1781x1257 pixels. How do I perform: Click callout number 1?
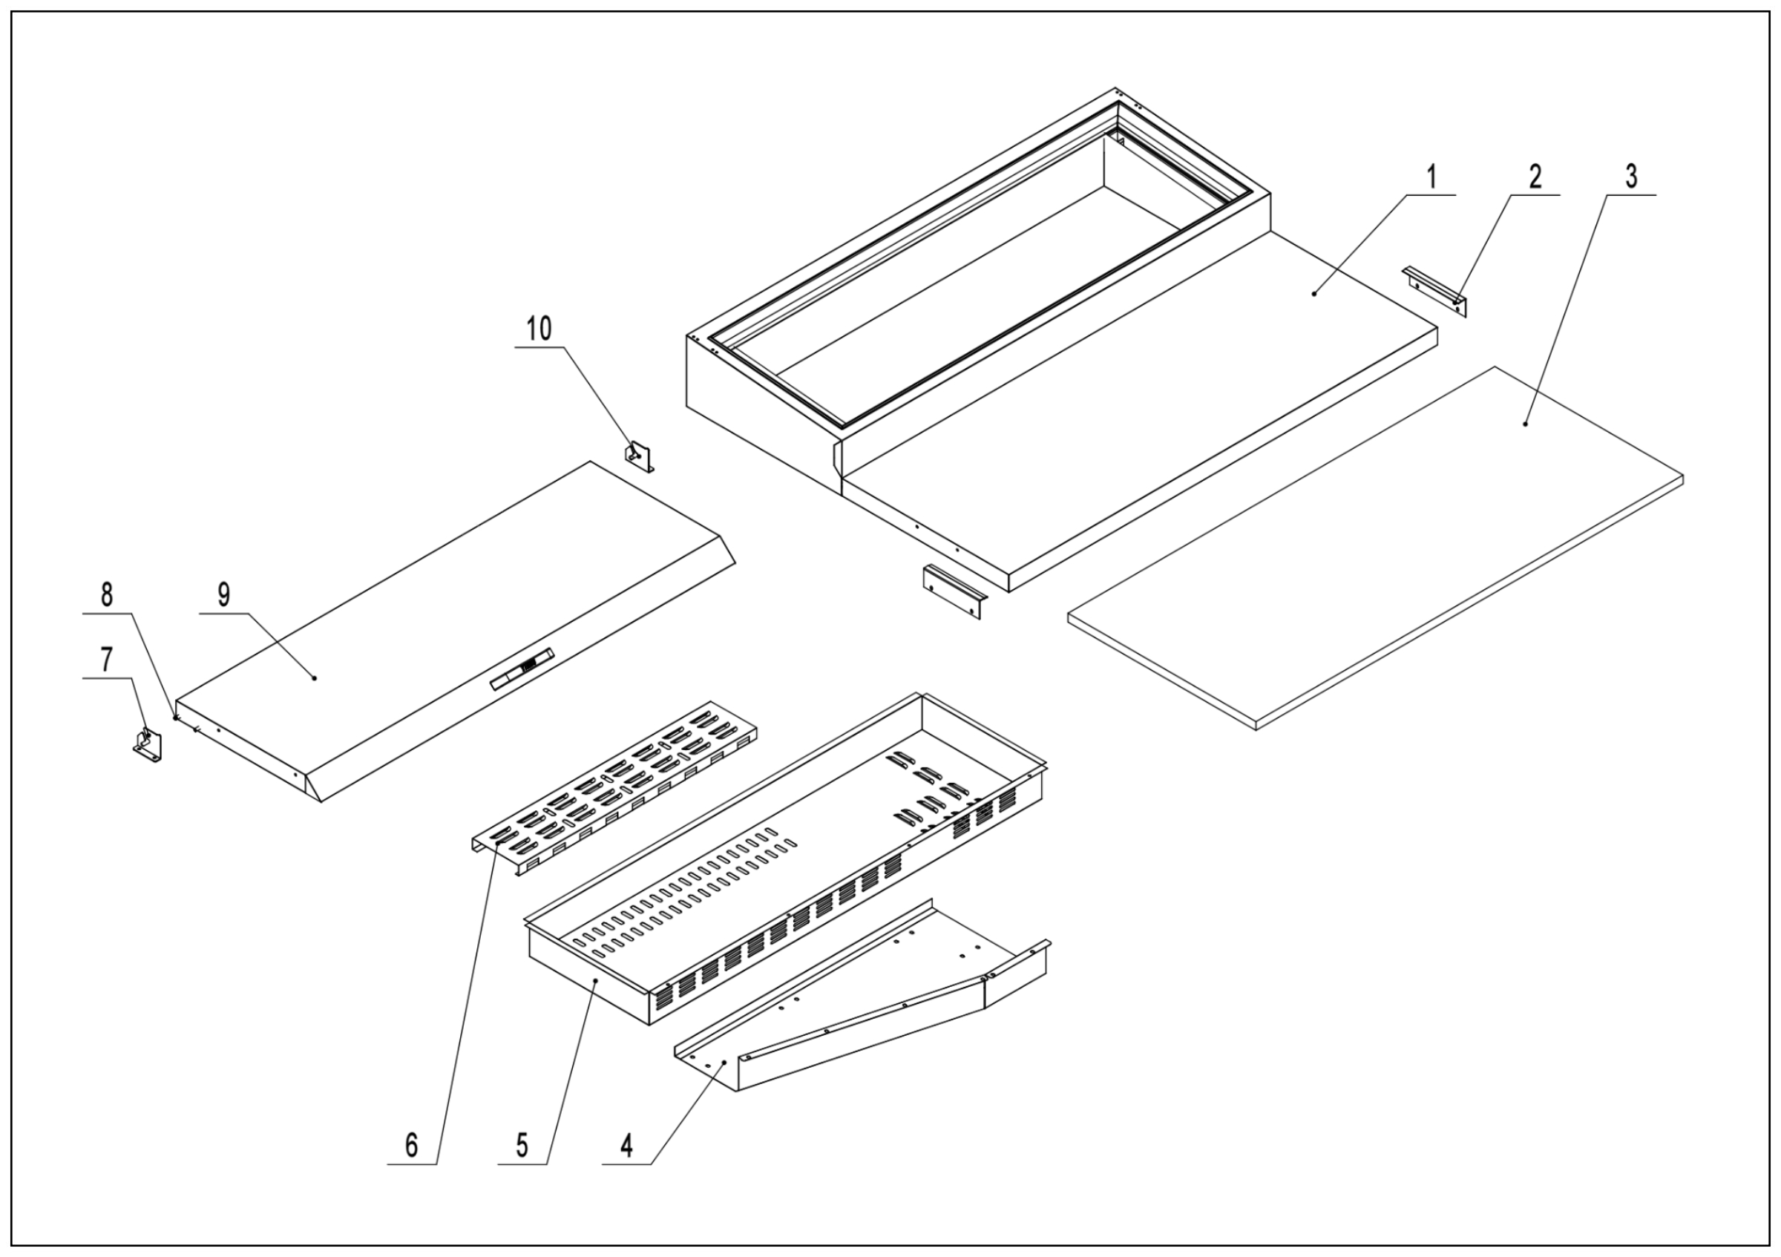[x=1432, y=177]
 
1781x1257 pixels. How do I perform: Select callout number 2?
[x=1535, y=177]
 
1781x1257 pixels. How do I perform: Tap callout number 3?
[x=1631, y=177]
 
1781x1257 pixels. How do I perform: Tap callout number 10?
[x=539, y=329]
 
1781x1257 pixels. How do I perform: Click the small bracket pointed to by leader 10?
[x=640, y=457]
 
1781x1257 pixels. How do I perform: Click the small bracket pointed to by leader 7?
[x=148, y=745]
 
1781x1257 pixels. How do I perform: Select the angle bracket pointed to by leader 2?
[x=1436, y=292]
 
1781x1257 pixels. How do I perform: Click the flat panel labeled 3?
[x=1373, y=551]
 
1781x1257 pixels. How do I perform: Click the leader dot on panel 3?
[x=1524, y=424]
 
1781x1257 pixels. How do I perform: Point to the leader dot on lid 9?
[x=315, y=677]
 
